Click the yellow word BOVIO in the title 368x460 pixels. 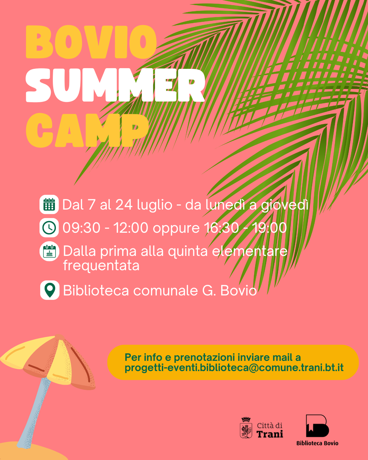coord(91,42)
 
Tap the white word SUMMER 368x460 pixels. coord(115,86)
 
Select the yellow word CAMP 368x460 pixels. coord(87,130)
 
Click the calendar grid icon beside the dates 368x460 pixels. coord(49,205)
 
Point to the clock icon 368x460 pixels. coord(49,228)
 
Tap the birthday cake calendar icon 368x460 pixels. coord(49,251)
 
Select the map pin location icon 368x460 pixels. coord(50,290)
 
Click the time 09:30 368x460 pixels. coord(81,228)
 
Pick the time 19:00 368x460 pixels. coord(269,228)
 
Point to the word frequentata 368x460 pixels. coord(101,265)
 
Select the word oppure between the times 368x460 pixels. coord(176,229)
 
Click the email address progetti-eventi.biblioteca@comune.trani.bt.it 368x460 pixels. coord(234,368)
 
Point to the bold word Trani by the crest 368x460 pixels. coord(270,434)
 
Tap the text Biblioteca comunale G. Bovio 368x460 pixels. coord(159,291)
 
